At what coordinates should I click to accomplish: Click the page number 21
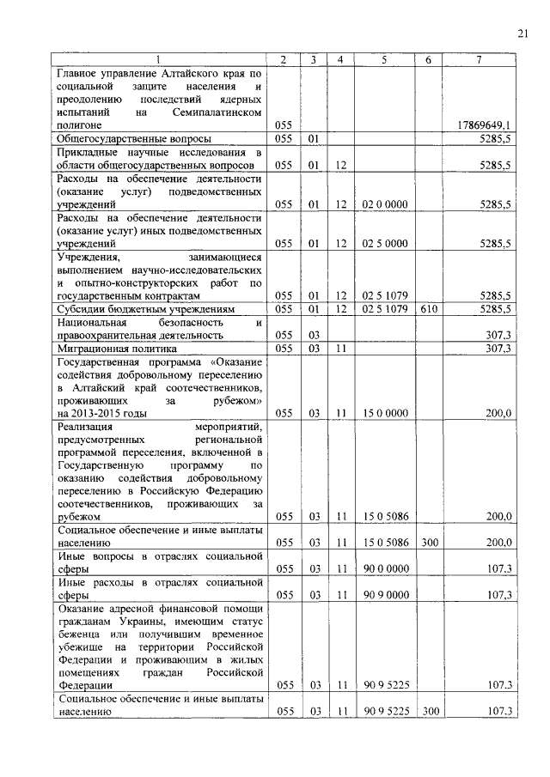point(522,33)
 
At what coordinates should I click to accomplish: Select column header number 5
point(384,60)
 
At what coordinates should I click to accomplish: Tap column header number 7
point(479,60)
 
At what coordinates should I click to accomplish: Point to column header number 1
point(160,60)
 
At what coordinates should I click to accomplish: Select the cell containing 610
point(428,308)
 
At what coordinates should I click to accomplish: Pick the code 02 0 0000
point(384,204)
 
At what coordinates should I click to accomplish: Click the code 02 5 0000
point(384,244)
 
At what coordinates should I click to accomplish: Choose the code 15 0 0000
point(384,413)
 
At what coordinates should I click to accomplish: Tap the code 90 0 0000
point(384,568)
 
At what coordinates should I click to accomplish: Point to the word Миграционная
point(93,349)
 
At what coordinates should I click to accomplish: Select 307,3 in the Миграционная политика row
point(498,349)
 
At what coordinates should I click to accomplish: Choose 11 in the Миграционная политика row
point(341,349)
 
